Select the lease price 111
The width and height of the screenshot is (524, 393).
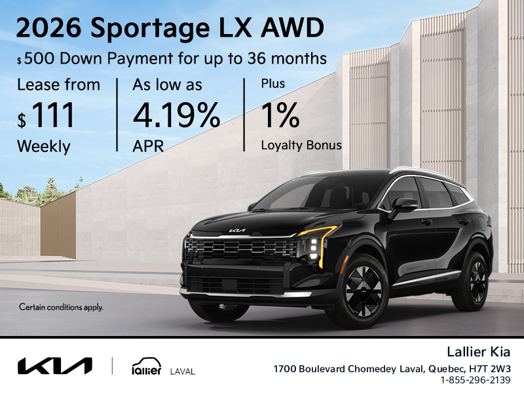53,115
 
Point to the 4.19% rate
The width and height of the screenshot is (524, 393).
176,115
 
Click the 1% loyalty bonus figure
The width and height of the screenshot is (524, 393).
280,115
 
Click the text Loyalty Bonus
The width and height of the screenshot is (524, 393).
301,145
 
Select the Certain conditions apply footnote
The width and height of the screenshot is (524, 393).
61,307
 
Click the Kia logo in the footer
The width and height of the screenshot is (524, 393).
54,365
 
